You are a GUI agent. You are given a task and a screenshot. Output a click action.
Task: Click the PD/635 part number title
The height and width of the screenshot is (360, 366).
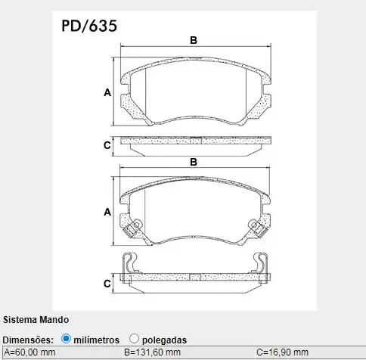(88, 26)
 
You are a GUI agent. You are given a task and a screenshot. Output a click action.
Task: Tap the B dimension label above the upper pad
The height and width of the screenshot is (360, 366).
(193, 40)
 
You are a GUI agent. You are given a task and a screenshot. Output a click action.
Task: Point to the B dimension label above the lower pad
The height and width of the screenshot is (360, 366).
(193, 162)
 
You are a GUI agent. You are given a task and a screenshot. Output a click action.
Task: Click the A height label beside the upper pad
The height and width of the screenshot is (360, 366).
(107, 93)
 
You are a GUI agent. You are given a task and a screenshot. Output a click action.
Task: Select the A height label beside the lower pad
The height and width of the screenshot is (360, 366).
(107, 213)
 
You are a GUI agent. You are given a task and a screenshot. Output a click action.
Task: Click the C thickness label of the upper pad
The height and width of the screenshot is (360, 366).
(107, 144)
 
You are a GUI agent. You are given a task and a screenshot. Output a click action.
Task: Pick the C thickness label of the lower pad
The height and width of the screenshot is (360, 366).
(107, 283)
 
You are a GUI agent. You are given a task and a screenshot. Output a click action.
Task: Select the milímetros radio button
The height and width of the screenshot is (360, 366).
(66, 339)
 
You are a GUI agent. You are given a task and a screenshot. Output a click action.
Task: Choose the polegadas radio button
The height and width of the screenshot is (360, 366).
(134, 339)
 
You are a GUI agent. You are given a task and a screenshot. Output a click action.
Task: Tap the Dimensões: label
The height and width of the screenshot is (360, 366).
(28, 340)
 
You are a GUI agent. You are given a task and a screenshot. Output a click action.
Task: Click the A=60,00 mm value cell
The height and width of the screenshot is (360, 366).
(30, 352)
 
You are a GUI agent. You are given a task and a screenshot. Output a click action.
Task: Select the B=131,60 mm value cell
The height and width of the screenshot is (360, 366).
(152, 352)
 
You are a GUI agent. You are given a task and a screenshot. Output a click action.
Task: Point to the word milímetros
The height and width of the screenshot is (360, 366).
(97, 340)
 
